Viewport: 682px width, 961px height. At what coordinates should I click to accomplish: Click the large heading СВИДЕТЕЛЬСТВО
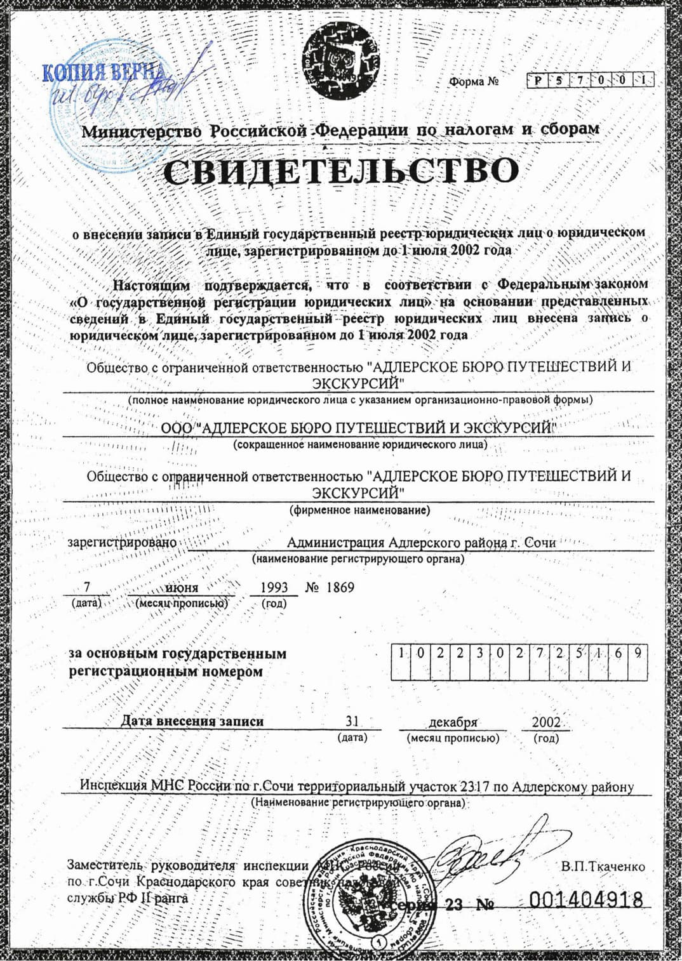341,170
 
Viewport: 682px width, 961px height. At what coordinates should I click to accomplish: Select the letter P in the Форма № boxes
538,81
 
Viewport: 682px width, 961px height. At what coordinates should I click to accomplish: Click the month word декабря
453,722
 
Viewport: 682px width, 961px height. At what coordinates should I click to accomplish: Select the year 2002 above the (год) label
546,722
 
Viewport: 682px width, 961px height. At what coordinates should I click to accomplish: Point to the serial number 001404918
585,899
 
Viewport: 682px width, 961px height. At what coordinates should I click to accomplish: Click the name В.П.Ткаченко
603,866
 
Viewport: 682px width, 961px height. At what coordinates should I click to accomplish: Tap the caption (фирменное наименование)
359,510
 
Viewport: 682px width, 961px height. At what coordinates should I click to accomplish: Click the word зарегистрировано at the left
122,543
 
